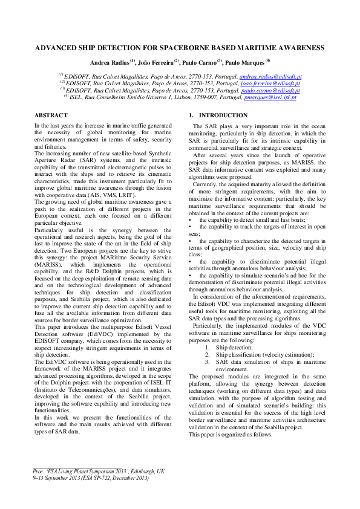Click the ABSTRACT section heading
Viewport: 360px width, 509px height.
click(51, 115)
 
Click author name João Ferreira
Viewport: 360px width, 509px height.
click(156, 62)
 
